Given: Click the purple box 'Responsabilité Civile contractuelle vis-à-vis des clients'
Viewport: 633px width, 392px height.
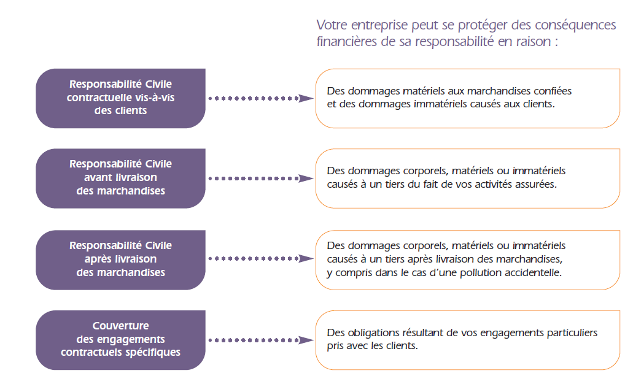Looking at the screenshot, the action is [x=121, y=98].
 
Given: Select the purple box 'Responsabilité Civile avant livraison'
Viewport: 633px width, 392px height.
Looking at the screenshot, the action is [x=121, y=179].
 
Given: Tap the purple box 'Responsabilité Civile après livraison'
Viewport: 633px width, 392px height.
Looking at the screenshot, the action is [x=121, y=259].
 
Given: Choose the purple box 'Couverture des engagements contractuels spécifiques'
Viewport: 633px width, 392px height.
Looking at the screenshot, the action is [x=121, y=340].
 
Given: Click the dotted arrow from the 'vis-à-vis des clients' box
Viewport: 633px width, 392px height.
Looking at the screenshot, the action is [x=261, y=98].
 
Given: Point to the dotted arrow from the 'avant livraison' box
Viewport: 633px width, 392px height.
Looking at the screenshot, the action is [x=261, y=179].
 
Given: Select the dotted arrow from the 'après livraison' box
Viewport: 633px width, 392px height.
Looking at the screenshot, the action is [x=261, y=258].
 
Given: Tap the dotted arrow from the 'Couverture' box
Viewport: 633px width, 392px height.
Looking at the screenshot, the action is [x=261, y=340].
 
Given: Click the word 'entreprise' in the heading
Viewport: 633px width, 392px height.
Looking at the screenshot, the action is [x=379, y=25].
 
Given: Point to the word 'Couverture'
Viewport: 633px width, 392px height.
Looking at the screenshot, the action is [x=121, y=326].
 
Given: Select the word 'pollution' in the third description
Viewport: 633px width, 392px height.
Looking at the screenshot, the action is [x=480, y=272].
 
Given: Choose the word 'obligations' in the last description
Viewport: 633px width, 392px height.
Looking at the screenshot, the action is [x=373, y=332].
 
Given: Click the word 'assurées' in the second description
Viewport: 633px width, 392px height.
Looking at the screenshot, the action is [x=538, y=184].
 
